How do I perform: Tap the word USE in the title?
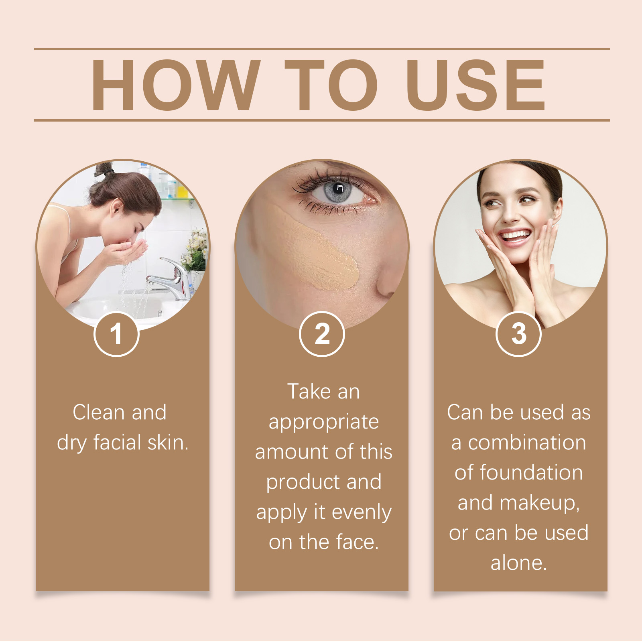(475, 85)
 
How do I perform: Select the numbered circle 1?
(116, 334)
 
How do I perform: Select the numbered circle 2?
(322, 334)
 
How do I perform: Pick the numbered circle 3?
(518, 334)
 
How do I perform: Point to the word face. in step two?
(358, 542)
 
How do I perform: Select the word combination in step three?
(527, 443)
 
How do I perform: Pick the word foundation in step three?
(531, 473)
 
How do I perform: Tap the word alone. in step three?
(519, 563)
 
